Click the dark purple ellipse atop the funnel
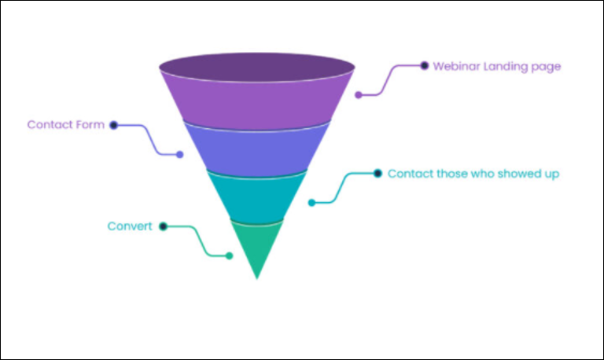(257, 67)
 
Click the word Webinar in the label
(456, 66)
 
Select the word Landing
(506, 67)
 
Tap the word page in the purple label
(547, 68)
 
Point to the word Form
(90, 125)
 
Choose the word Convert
(130, 226)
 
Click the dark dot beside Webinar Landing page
(424, 65)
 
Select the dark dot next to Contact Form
(113, 125)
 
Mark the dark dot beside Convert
(163, 226)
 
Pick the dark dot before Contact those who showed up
(377, 173)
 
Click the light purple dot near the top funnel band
(359, 95)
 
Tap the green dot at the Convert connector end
(229, 255)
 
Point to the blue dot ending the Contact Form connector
(179, 154)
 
